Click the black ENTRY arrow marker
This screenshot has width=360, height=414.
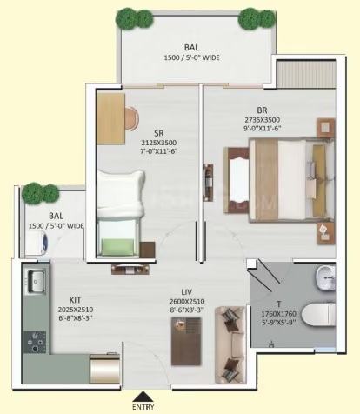[x=142, y=396]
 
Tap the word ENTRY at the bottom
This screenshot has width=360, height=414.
[x=143, y=407]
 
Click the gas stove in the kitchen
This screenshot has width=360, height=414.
[x=35, y=342]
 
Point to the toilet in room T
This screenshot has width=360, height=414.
[x=318, y=314]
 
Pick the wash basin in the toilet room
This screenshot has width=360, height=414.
[x=325, y=278]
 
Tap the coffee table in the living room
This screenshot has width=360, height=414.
[x=186, y=341]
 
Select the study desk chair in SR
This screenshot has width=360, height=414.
[x=132, y=118]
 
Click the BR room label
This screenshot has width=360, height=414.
[x=262, y=110]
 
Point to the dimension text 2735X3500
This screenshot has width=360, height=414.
[x=263, y=120]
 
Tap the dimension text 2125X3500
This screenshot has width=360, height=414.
[x=159, y=143]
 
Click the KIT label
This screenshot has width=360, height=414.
[x=75, y=300]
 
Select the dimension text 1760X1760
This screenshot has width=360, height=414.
[x=278, y=314]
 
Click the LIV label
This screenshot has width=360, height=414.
[x=187, y=292]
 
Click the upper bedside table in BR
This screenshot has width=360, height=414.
[x=325, y=128]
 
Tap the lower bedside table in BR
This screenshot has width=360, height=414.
[x=326, y=233]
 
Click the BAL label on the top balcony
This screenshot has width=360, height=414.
[x=191, y=47]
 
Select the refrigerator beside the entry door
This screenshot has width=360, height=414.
[x=104, y=369]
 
